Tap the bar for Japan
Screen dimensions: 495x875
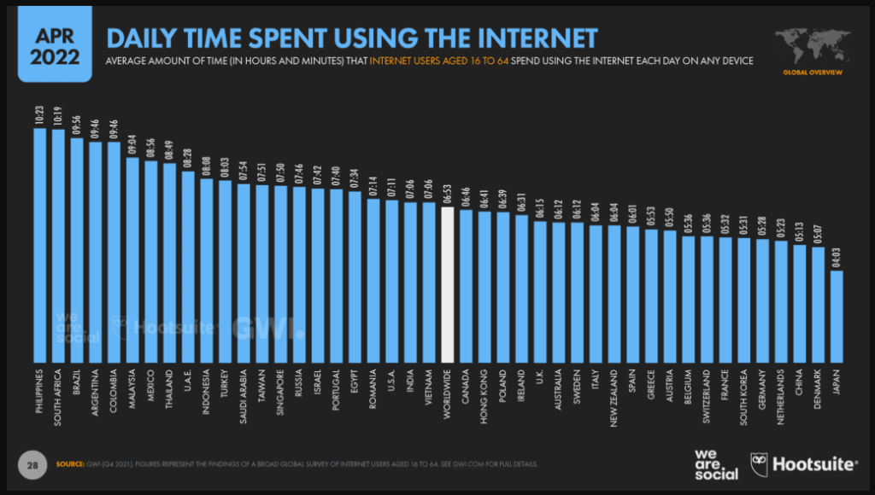[837, 316]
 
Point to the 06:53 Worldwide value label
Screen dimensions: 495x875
[447, 194]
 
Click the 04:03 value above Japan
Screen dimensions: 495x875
[837, 258]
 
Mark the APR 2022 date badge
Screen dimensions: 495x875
[55, 47]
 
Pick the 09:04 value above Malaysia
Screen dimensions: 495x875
[132, 143]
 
